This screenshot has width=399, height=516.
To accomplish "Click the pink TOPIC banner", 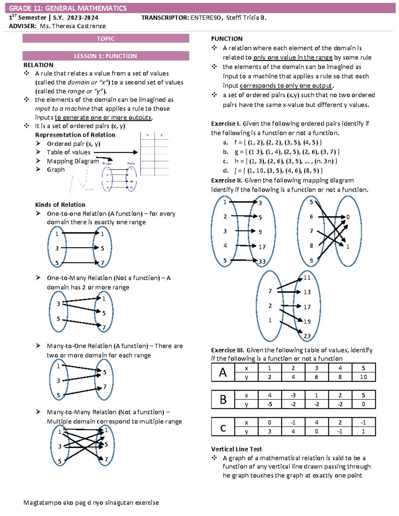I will [106, 39].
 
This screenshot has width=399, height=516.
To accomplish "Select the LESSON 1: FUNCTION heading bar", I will [106, 56].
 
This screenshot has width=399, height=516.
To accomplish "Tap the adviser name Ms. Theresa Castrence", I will [72, 26].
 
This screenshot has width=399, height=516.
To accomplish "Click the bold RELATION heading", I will [38, 65].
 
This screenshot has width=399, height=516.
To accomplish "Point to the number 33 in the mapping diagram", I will [262, 261].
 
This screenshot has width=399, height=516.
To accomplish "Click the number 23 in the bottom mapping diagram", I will [307, 336].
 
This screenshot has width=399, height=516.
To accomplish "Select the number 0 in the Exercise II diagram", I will [348, 217].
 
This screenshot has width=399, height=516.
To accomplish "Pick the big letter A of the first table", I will [223, 372].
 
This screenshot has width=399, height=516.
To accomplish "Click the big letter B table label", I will [223, 400].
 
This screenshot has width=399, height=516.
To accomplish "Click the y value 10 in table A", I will [363, 377].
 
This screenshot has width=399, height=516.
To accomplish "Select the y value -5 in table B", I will [269, 404].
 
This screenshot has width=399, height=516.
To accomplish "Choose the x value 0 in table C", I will [269, 423].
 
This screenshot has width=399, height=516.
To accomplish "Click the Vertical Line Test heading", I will [236, 449].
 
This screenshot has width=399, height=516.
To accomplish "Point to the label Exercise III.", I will [228, 350].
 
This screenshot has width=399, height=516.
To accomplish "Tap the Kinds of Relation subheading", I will [60, 205].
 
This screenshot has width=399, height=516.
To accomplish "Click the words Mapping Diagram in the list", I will [73, 161].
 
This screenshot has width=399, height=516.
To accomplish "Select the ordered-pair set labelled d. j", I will [273, 171].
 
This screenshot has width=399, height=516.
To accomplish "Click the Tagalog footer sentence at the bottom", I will [91, 503].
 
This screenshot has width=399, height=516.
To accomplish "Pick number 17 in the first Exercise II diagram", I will [262, 247].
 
